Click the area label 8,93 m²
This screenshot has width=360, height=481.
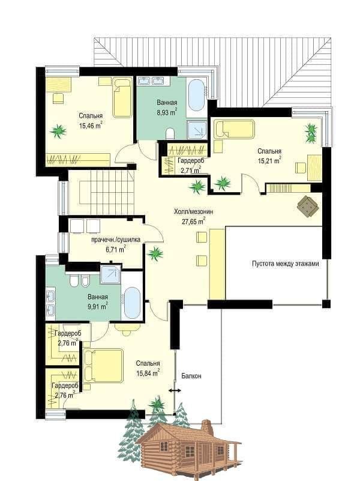(167, 112)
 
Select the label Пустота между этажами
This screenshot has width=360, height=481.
(286, 264)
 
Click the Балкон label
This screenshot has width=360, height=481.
(191, 376)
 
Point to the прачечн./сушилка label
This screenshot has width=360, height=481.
(116, 240)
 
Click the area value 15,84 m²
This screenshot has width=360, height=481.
(148, 373)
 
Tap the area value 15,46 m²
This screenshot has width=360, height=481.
(91, 125)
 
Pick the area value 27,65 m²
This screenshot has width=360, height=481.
(194, 221)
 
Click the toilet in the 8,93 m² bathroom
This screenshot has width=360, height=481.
(170, 133)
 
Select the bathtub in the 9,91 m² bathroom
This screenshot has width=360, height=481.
(133, 303)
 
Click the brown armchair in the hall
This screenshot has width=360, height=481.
(308, 206)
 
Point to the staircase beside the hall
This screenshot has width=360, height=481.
(101, 192)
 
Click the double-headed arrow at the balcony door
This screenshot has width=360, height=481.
(175, 391)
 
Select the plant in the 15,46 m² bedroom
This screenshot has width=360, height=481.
(58, 132)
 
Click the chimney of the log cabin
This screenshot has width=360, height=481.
(208, 427)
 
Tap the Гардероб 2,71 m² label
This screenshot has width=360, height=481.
(190, 165)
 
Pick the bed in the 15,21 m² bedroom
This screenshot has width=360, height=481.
(235, 129)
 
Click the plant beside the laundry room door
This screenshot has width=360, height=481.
(155, 253)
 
